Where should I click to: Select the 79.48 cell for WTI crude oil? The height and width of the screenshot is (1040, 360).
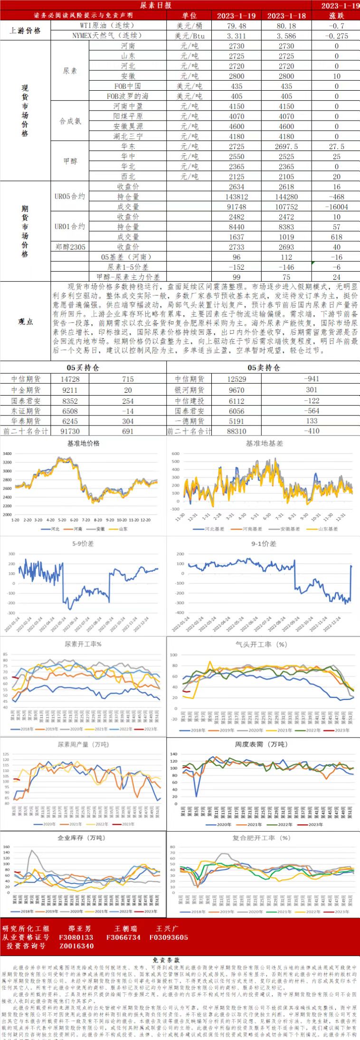pos(236,26)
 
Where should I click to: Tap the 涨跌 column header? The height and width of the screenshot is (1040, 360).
pos(336,16)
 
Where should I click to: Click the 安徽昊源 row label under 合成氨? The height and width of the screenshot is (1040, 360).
pos(128,126)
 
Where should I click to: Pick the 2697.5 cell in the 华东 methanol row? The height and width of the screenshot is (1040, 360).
pos(286,147)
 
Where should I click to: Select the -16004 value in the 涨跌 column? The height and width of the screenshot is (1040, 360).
pos(336,207)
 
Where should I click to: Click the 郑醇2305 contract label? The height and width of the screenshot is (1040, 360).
pos(70,246)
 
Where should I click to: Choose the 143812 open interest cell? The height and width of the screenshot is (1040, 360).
pos(236,197)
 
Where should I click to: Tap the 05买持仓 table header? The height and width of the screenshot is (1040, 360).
pos(83,368)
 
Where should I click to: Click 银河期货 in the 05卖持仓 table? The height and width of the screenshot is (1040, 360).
pos(189,390)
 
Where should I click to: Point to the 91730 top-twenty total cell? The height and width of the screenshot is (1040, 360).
pos(70,431)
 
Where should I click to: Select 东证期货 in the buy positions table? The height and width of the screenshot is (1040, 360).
pos(26,411)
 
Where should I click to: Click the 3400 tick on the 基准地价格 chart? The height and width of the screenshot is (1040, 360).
pos(7,454)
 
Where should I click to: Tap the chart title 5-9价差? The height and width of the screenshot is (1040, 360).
pos(83,544)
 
